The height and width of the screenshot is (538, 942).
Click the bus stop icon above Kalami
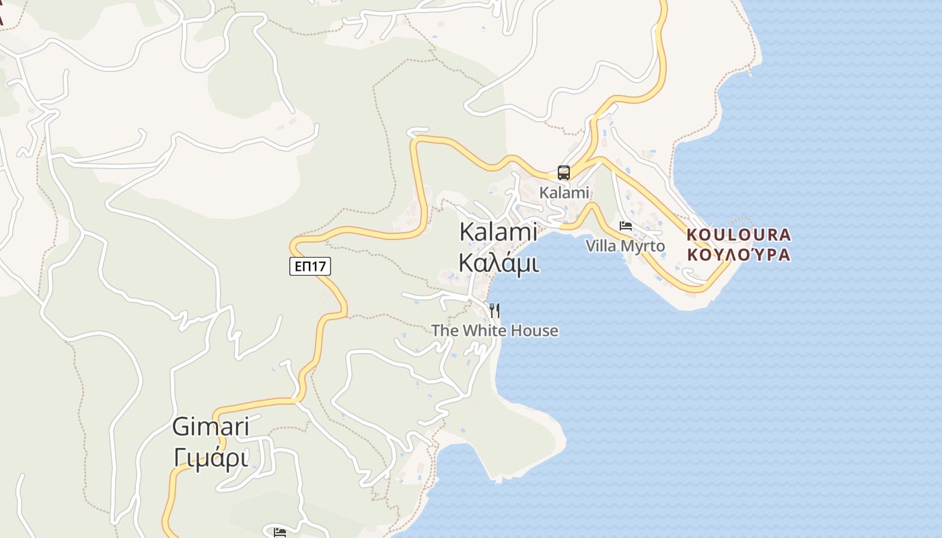(564, 173)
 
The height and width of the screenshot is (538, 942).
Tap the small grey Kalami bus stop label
(564, 193)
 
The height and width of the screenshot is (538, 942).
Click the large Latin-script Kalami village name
(498, 232)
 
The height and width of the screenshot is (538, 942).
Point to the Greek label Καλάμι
(498, 263)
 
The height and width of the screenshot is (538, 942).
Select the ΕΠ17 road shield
(310, 266)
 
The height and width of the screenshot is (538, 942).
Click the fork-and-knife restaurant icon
(495, 310)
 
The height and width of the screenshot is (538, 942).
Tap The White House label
(495, 330)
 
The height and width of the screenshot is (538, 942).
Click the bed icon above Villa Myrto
(626, 226)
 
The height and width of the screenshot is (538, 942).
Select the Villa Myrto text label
(625, 246)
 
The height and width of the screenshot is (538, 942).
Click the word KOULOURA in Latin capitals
(739, 235)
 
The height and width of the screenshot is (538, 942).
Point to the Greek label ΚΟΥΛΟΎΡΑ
(739, 255)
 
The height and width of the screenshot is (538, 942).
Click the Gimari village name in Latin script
(211, 427)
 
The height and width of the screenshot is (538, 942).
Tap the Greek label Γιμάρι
(211, 458)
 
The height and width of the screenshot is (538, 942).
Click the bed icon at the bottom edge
(280, 533)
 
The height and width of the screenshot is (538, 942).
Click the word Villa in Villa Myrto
(601, 246)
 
